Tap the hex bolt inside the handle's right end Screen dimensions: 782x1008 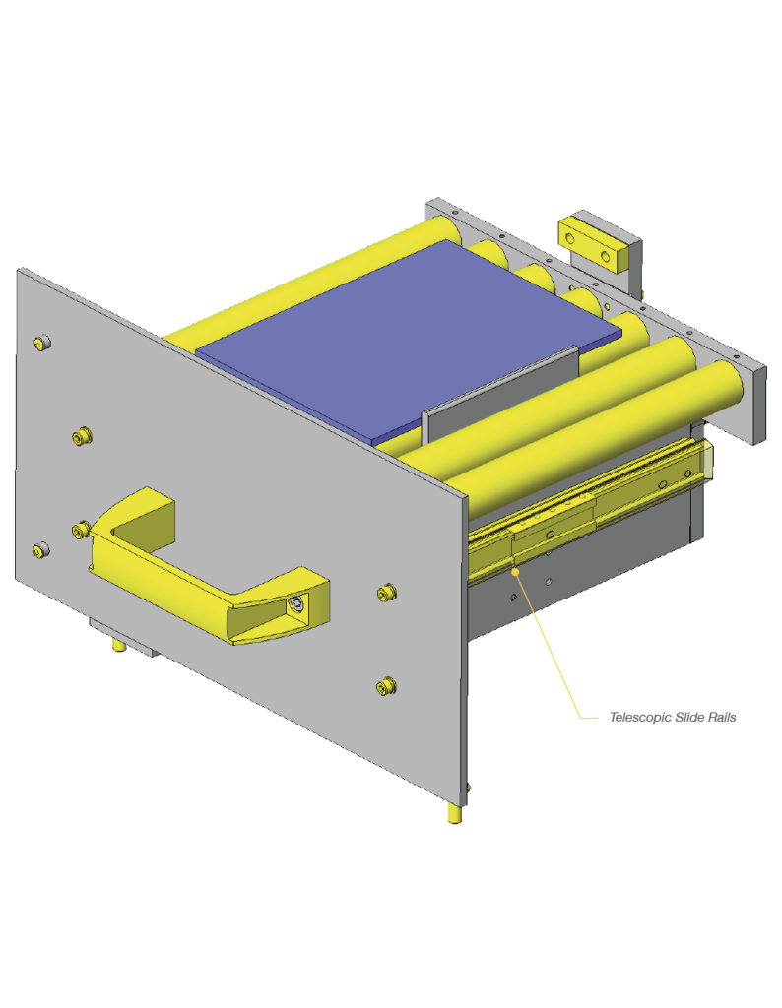296,603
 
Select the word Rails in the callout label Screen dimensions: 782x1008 722,717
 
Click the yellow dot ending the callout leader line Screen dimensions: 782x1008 515,572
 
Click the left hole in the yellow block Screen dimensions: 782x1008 570,239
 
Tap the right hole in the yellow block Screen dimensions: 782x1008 606,257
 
